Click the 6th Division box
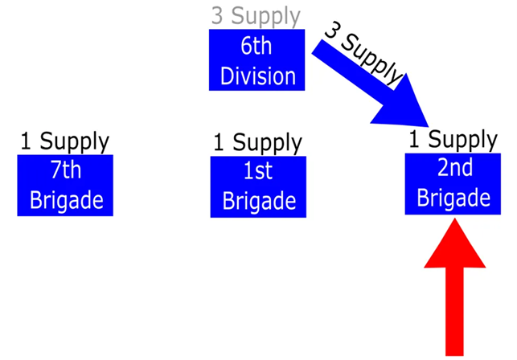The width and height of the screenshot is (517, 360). coord(257,59)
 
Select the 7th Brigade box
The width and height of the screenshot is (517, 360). coord(65,185)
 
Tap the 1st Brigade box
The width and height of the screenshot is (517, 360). coord(258,186)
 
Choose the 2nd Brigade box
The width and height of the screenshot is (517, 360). coord(453,183)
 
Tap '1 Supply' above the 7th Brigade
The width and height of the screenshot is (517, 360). coord(64,141)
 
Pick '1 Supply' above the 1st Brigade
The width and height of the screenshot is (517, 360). coord(257,143)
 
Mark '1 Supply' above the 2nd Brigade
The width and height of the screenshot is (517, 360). coord(453,139)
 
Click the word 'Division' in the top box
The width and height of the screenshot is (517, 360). coord(257,76)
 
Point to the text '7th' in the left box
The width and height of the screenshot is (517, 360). coord(65,170)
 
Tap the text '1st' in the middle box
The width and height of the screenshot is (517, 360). coord(258,171)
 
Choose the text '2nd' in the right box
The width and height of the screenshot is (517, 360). coord(453,169)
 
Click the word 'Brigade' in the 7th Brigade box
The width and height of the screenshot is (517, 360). coord(66,199)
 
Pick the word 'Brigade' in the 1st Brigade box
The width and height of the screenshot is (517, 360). coord(258,200)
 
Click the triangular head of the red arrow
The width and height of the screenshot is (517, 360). coord(454,245)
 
